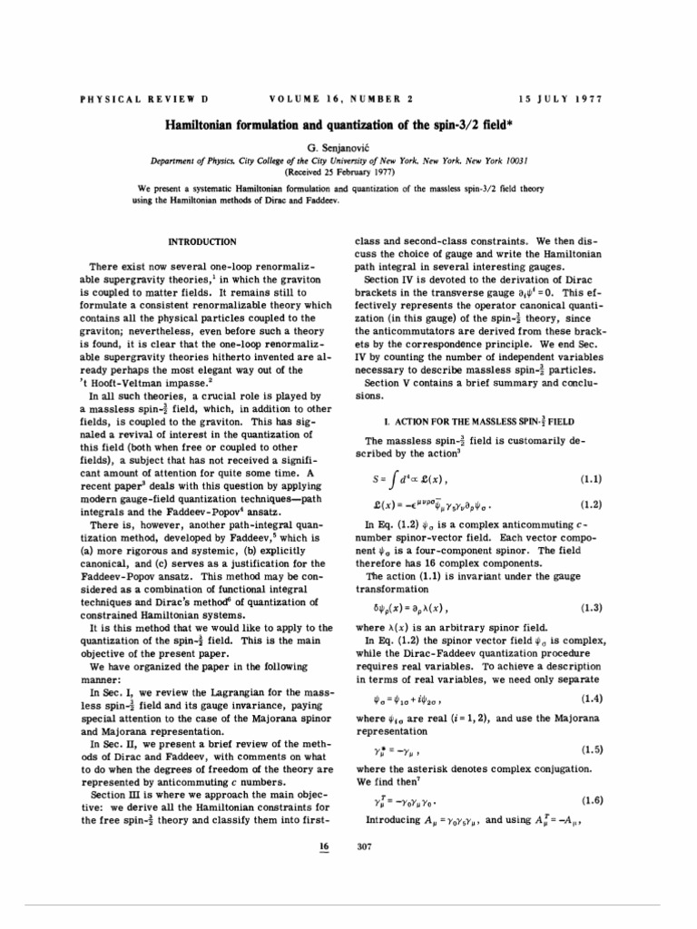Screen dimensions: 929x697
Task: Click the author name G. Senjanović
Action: point(348,145)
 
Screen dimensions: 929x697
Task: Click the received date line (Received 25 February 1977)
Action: point(348,170)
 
